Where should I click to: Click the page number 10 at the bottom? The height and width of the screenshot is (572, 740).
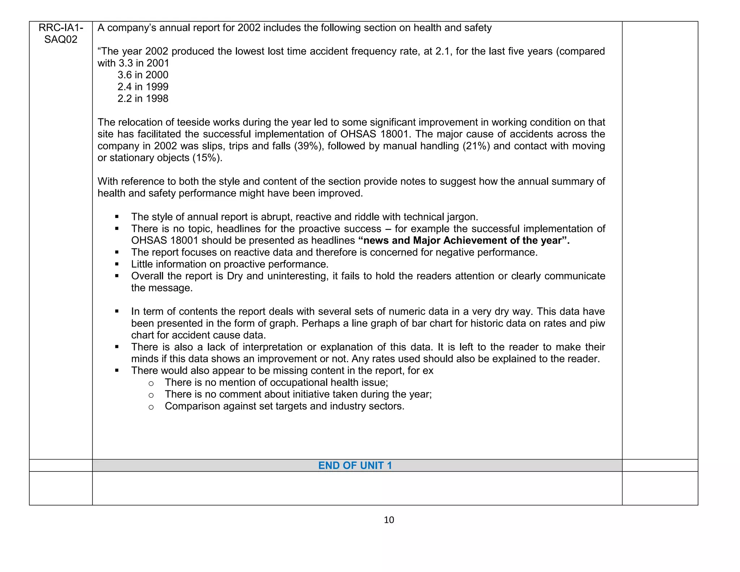click(x=389, y=520)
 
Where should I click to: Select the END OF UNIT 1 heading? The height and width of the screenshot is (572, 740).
click(x=355, y=465)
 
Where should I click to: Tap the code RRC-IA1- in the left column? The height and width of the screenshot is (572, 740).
click(x=61, y=27)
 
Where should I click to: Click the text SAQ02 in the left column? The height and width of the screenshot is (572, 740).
click(x=61, y=39)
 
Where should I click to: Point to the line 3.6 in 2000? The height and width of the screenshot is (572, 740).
click(x=143, y=75)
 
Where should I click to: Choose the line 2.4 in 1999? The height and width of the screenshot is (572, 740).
click(x=143, y=87)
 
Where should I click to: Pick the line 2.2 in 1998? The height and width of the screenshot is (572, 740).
click(x=143, y=99)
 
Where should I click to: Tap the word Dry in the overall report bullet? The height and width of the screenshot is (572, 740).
click(x=235, y=276)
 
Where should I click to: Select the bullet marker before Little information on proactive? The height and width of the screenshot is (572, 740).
click(x=117, y=264)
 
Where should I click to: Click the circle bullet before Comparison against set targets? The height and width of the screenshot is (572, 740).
click(x=151, y=407)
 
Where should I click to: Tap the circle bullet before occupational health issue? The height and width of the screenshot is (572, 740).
click(x=151, y=383)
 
